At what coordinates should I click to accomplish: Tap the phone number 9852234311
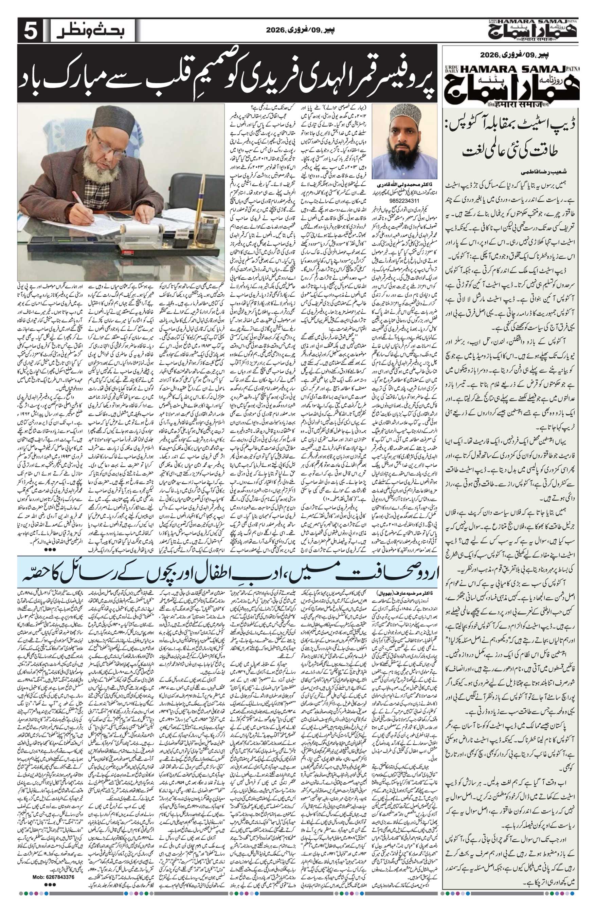pos(404,200)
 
